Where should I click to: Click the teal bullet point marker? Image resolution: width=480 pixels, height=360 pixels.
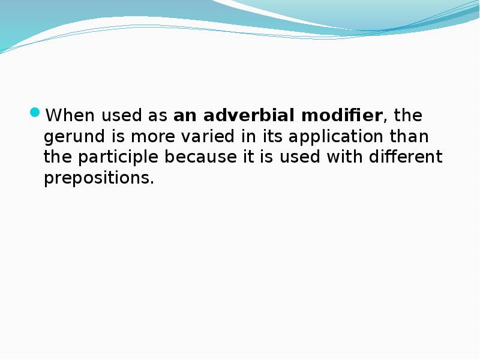pyautogui.click(x=35, y=113)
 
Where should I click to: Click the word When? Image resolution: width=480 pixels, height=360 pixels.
pyautogui.click(x=66, y=115)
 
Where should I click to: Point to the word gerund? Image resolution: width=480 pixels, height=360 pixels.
pyautogui.click(x=66, y=137)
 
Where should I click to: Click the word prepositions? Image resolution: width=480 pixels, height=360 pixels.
pyautogui.click(x=98, y=179)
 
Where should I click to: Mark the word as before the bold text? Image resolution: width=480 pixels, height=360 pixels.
pyautogui.click(x=157, y=115)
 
